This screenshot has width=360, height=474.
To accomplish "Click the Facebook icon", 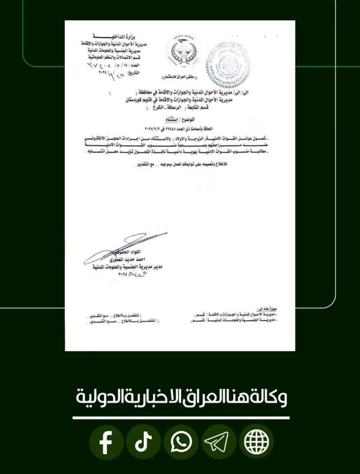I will pyautogui.click(x=106, y=443).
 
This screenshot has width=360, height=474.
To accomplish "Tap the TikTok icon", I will pyautogui.click(x=143, y=443).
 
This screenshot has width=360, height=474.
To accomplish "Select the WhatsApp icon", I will pyautogui.click(x=181, y=443).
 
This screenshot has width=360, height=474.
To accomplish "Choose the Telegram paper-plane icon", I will pyautogui.click(x=219, y=443).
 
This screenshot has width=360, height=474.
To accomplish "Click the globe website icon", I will pyautogui.click(x=256, y=443).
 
